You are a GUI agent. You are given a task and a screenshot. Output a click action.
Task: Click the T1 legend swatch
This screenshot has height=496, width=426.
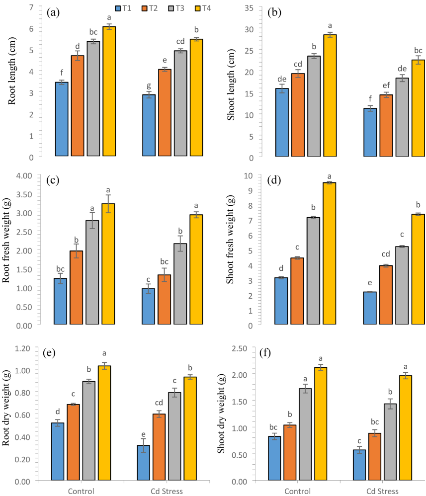coord(118,8)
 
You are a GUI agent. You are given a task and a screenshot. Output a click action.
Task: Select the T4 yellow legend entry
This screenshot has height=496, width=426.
coord(195,8)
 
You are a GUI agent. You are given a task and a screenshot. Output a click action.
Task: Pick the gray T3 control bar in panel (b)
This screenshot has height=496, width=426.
coord(314,106)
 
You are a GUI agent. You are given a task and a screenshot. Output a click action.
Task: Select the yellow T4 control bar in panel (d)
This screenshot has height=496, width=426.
coord(329,254)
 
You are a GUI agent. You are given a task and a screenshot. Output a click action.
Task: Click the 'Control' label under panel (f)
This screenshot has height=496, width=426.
coord(298,491)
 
